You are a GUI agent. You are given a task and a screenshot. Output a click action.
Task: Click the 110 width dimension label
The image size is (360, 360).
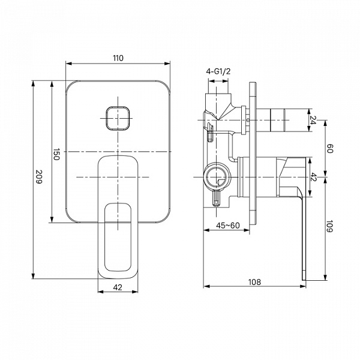point(118,58)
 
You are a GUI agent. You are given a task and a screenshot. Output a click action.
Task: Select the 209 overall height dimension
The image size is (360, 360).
point(40,176)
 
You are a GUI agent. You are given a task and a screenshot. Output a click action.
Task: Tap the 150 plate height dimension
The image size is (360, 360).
point(56,154)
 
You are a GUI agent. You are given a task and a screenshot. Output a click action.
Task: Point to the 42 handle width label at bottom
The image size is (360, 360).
point(118,287)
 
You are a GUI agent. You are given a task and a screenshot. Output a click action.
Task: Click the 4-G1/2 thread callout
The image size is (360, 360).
point(218,71)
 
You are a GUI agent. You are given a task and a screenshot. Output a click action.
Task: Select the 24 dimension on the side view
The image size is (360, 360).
point(313,119)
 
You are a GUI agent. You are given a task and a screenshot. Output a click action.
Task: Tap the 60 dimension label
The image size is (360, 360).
point(329,149)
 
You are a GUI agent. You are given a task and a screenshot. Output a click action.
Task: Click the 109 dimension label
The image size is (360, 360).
point(329,226)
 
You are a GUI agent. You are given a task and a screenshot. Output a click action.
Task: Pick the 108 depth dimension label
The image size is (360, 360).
point(254,282)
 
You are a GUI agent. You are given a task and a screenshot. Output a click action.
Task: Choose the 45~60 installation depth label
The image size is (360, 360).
point(228,226)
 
